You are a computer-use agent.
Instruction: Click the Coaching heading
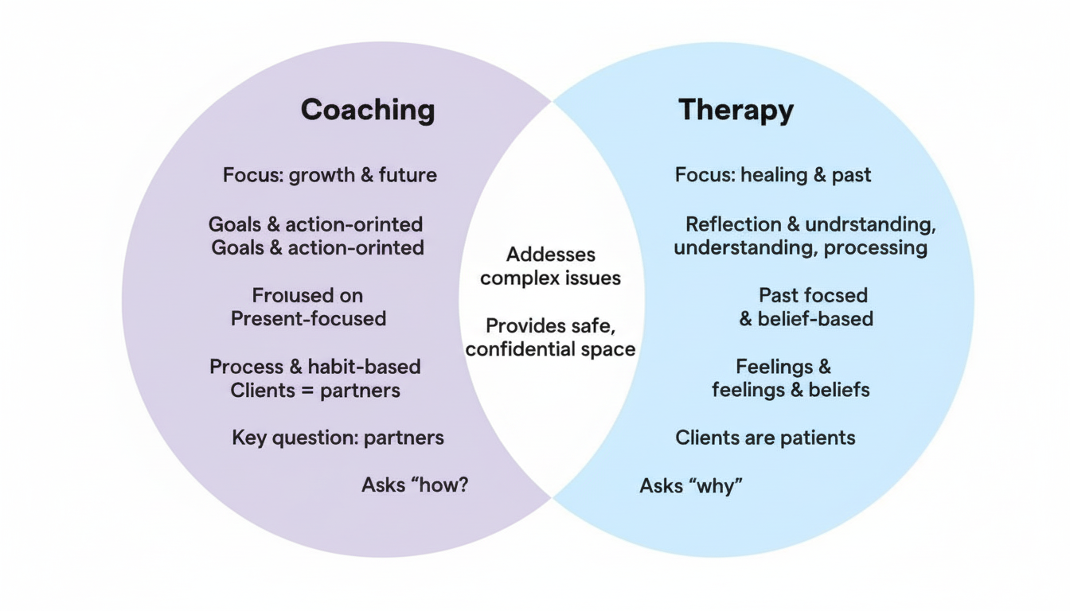pos(368,110)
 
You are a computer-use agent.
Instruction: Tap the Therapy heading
pos(736,110)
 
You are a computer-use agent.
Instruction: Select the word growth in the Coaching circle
pos(322,175)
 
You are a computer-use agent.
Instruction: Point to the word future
pos(408,175)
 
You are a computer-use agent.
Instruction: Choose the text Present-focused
pos(308,319)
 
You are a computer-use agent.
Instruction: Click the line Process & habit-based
pos(314,367)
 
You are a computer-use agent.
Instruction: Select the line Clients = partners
pos(314,391)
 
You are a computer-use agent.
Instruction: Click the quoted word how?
pos(439,485)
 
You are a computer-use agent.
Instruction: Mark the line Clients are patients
pos(765,438)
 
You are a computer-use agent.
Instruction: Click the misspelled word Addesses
pos(550,255)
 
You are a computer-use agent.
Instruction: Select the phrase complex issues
pos(550,278)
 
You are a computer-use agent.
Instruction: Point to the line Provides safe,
pos(550,326)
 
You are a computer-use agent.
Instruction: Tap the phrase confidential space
pos(550,349)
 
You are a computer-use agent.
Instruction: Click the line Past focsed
pos(813,295)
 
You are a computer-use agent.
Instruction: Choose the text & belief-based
pos(806,319)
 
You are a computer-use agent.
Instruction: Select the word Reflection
pos(732,224)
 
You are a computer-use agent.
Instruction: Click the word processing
pos(875,248)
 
